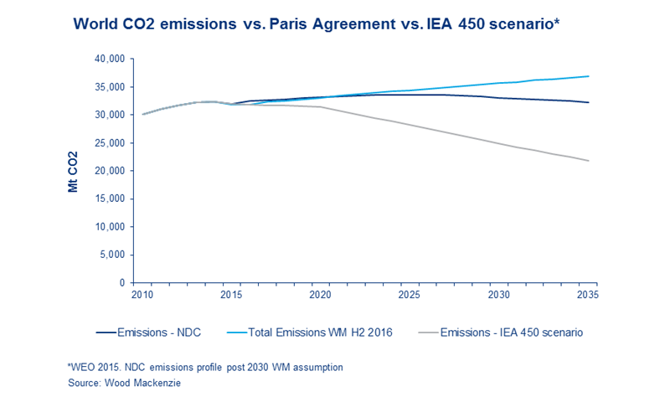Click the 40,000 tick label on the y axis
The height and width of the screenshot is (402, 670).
tap(109, 59)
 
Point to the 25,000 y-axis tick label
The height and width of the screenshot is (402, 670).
tap(109, 143)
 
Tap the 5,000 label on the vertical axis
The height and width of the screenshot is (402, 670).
tap(112, 255)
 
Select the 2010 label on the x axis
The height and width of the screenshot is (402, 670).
tap(142, 296)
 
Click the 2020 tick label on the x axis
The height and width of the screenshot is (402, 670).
tap(319, 296)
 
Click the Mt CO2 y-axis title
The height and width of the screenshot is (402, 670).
tap(74, 171)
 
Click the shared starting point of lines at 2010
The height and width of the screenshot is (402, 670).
tap(142, 114)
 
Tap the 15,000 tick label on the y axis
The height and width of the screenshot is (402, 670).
tap(109, 199)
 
